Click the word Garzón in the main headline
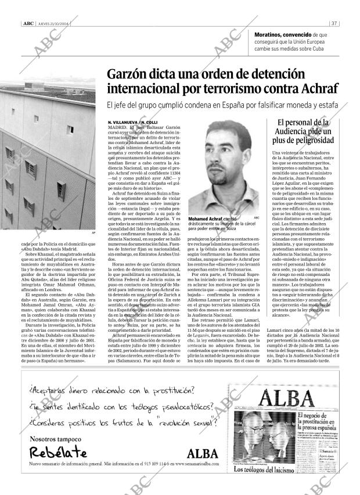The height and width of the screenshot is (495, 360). tap(129, 75)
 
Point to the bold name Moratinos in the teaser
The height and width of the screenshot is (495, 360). tap(272, 35)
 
